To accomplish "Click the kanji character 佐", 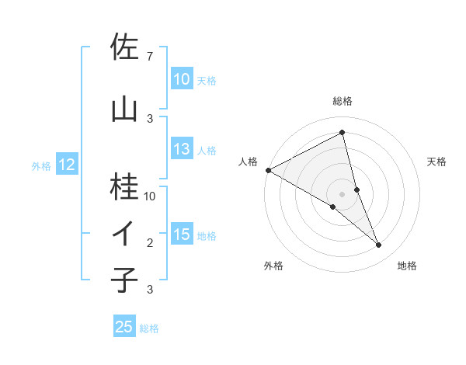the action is (124, 47).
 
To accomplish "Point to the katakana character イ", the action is (124, 234).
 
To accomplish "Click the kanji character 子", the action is (124, 280).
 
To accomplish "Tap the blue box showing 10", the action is (181, 79).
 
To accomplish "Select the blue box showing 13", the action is (181, 150).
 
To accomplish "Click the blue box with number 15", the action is (181, 235).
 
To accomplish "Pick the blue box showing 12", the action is (66, 165).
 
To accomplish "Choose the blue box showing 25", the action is (124, 327).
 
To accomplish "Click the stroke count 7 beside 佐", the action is (149, 57).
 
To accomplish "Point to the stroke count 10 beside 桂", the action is (150, 196).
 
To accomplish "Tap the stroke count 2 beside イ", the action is (150, 243).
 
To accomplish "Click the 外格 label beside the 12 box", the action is (41, 165).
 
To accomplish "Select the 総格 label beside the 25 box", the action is (149, 328).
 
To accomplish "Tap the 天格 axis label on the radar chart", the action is (436, 162).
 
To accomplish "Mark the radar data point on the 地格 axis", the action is (379, 245).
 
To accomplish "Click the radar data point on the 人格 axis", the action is (268, 170).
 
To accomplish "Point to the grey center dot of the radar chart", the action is (342, 193).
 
